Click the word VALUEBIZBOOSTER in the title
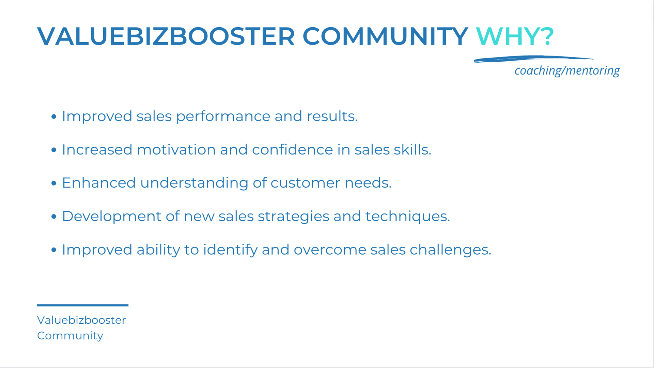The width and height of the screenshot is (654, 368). coord(166,36)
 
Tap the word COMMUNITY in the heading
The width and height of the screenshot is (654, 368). coord(385,36)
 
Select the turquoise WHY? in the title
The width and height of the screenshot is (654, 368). coord(515,36)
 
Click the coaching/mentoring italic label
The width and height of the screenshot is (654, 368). coord(567,70)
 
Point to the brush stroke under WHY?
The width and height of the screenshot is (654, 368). coord(533,59)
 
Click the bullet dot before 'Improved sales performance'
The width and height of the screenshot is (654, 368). coord(54,117)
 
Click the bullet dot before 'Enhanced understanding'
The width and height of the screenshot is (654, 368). coord(54,183)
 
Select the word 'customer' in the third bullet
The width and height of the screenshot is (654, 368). coord(305,183)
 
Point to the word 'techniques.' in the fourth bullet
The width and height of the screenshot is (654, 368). coord(408,217)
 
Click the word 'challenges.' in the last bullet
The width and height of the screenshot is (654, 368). coord(450,250)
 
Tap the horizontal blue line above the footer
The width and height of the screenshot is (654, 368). coord(83,305)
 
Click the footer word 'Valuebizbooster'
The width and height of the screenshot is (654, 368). coord(81,320)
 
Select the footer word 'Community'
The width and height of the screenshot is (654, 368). coord(70,336)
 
